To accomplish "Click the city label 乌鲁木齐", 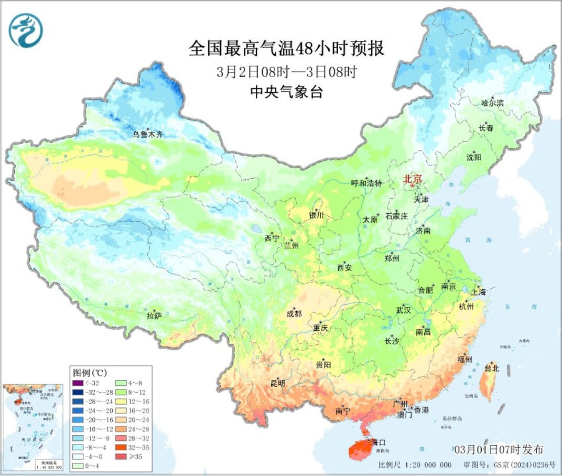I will [x=147, y=135].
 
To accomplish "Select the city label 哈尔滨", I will [x=492, y=103].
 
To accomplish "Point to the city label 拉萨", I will [x=154, y=316].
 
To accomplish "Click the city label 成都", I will [x=294, y=313].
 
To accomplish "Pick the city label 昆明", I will [x=278, y=383].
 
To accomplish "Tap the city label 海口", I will [x=378, y=441].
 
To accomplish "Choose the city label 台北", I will [x=492, y=368].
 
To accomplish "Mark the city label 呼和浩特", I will [x=367, y=183].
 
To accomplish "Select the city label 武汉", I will [x=403, y=310].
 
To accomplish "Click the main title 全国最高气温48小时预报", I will [x=287, y=49].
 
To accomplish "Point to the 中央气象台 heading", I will [x=287, y=93].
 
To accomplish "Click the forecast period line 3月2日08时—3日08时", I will [x=287, y=71].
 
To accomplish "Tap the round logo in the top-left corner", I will [x=26, y=30].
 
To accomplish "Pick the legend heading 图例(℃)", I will [x=90, y=373].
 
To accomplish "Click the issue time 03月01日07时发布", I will [x=499, y=450].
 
